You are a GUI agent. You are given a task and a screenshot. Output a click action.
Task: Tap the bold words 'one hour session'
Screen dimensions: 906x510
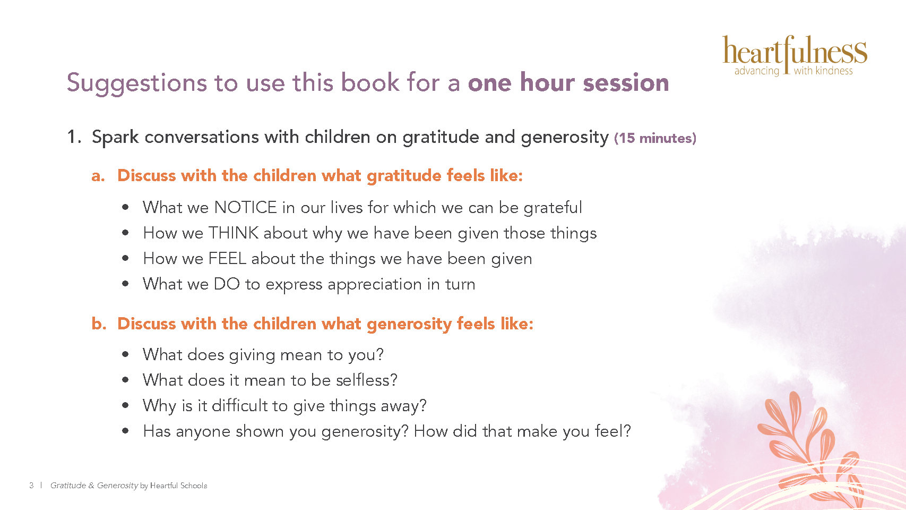[568, 82]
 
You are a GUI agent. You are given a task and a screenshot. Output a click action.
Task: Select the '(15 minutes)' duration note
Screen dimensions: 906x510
[655, 138]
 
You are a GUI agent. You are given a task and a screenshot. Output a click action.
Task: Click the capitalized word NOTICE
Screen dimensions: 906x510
[246, 207]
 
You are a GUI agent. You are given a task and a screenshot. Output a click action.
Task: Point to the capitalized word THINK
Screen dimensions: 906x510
[234, 233]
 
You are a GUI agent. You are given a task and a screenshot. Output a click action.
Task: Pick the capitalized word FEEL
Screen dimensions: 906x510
[227, 258]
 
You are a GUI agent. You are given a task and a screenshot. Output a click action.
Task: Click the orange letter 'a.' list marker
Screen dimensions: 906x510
[98, 176]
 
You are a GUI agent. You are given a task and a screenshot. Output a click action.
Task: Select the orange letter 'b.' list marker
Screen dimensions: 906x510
[99, 324]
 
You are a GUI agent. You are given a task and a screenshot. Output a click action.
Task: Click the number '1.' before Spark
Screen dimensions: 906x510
[74, 137]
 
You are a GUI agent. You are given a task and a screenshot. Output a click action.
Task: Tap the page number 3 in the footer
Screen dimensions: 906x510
[31, 486]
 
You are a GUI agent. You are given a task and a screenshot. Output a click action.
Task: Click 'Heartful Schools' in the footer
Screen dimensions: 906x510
[178, 486]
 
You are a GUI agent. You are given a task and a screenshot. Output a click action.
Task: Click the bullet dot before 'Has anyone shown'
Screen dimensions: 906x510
[125, 431]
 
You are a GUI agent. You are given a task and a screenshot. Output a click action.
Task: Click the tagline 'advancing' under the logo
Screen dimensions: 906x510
[756, 71]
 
